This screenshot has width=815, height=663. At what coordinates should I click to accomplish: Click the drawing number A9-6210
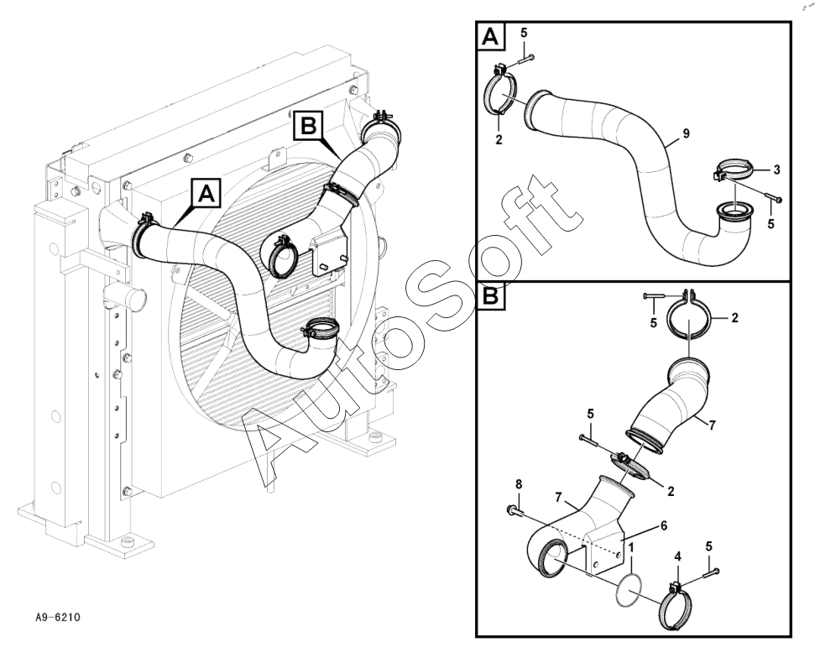[58, 618]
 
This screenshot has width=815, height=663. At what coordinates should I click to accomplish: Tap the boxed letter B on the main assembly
[309, 125]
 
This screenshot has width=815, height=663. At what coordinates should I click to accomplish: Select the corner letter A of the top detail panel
[490, 36]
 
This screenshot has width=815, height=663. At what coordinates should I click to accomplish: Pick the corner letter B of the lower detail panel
[490, 296]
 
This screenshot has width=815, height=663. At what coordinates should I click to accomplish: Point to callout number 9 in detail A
[686, 133]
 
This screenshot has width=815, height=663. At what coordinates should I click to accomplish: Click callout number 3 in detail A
[776, 170]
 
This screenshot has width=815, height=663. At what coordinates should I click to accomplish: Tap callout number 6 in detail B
[663, 526]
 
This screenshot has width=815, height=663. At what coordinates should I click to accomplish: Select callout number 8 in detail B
[518, 484]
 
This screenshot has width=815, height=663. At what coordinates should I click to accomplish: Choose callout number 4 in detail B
[677, 556]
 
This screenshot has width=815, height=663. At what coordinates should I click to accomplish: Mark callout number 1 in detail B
[631, 547]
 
